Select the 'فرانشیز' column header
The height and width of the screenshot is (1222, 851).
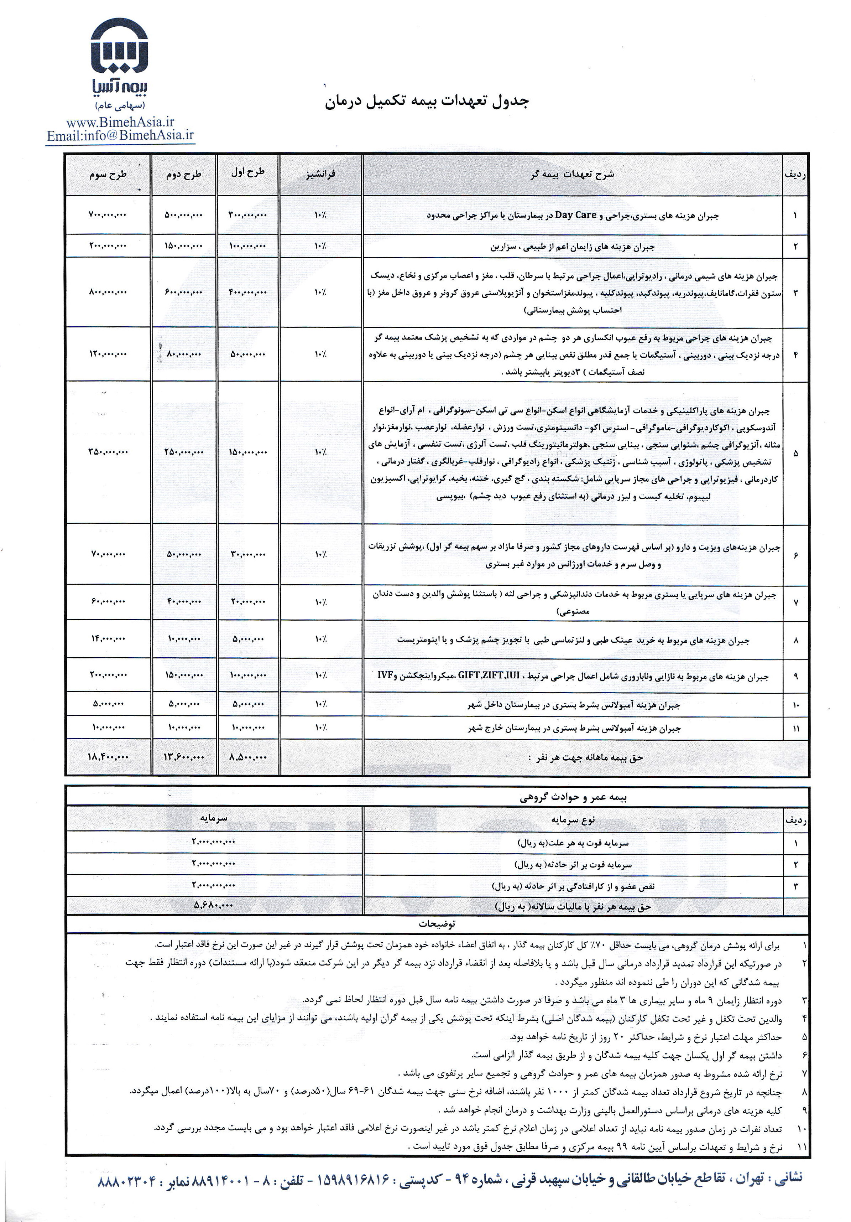(x=320, y=174)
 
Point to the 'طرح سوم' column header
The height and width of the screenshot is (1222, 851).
(x=108, y=175)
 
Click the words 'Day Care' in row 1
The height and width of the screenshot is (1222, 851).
(x=575, y=216)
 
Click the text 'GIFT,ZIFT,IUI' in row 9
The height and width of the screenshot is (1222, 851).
(x=488, y=676)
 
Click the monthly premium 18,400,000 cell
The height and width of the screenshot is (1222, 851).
(x=108, y=756)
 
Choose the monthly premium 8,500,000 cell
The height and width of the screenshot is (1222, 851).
(x=248, y=756)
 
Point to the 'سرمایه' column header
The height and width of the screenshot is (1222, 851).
(x=213, y=818)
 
